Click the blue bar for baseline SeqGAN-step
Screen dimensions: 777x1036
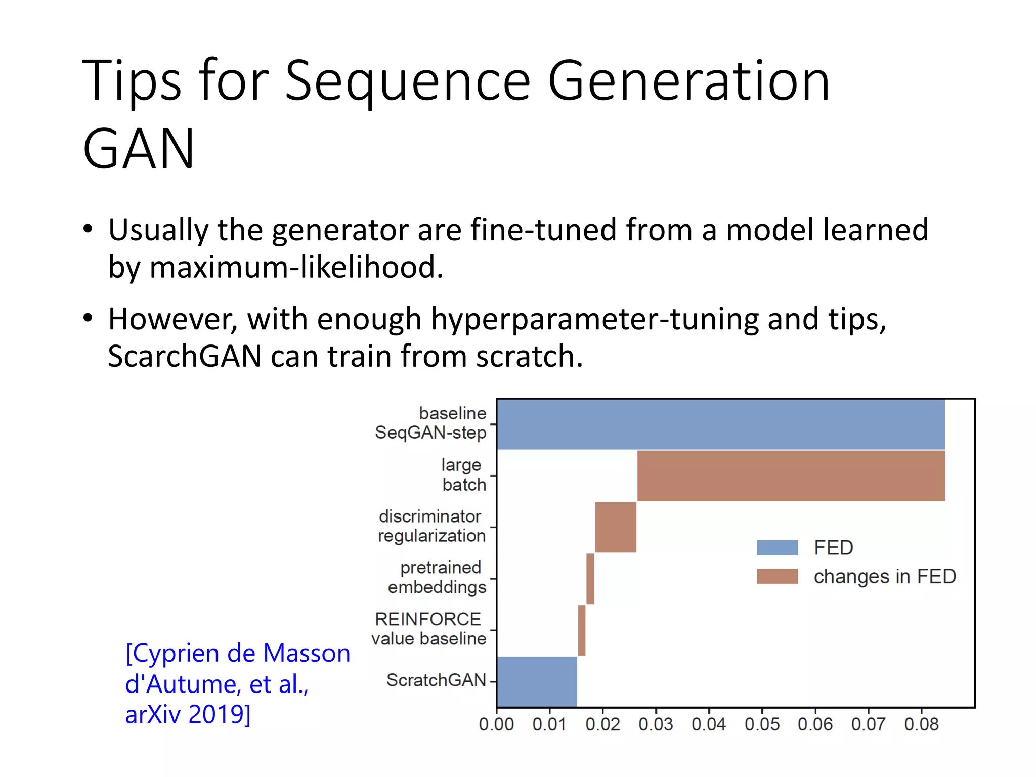pos(721,424)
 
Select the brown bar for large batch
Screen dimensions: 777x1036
pos(791,476)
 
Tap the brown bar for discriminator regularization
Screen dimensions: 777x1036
pos(616,527)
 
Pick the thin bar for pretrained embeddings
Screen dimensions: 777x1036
pos(590,579)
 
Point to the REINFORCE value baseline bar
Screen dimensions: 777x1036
pos(582,630)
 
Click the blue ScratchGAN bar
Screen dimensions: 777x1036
pos(537,681)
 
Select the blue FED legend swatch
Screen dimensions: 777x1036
pos(777,547)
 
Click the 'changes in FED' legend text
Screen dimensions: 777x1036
pos(884,576)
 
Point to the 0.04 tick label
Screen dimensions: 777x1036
pos(709,724)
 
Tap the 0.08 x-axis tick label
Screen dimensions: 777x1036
pos(921,724)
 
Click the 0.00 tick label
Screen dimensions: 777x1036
pos(496,724)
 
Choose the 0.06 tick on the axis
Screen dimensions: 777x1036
pos(815,724)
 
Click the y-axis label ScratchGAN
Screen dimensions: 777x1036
pos(436,680)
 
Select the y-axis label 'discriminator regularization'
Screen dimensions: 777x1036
pos(431,526)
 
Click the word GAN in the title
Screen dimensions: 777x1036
pos(139,149)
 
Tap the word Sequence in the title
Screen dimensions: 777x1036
pos(408,81)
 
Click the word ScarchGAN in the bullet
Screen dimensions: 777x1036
pos(185,356)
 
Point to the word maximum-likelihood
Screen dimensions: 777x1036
pos(296,267)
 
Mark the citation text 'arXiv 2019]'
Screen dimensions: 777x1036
pos(188,714)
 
